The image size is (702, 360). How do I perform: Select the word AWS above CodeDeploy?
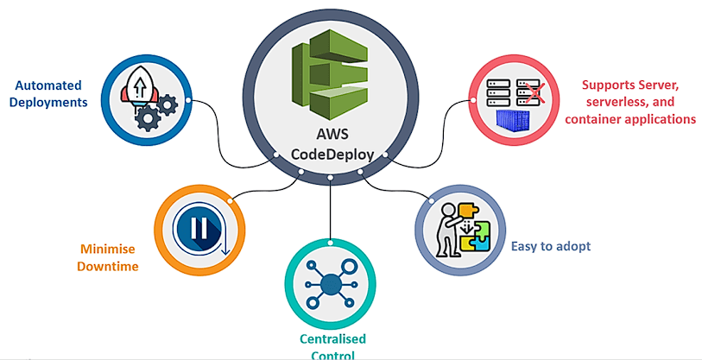[x=332, y=136]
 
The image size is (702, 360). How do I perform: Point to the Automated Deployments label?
[x=50, y=93]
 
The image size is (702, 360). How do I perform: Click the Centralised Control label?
[x=331, y=344]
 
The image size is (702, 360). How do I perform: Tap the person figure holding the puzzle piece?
[x=448, y=230]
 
